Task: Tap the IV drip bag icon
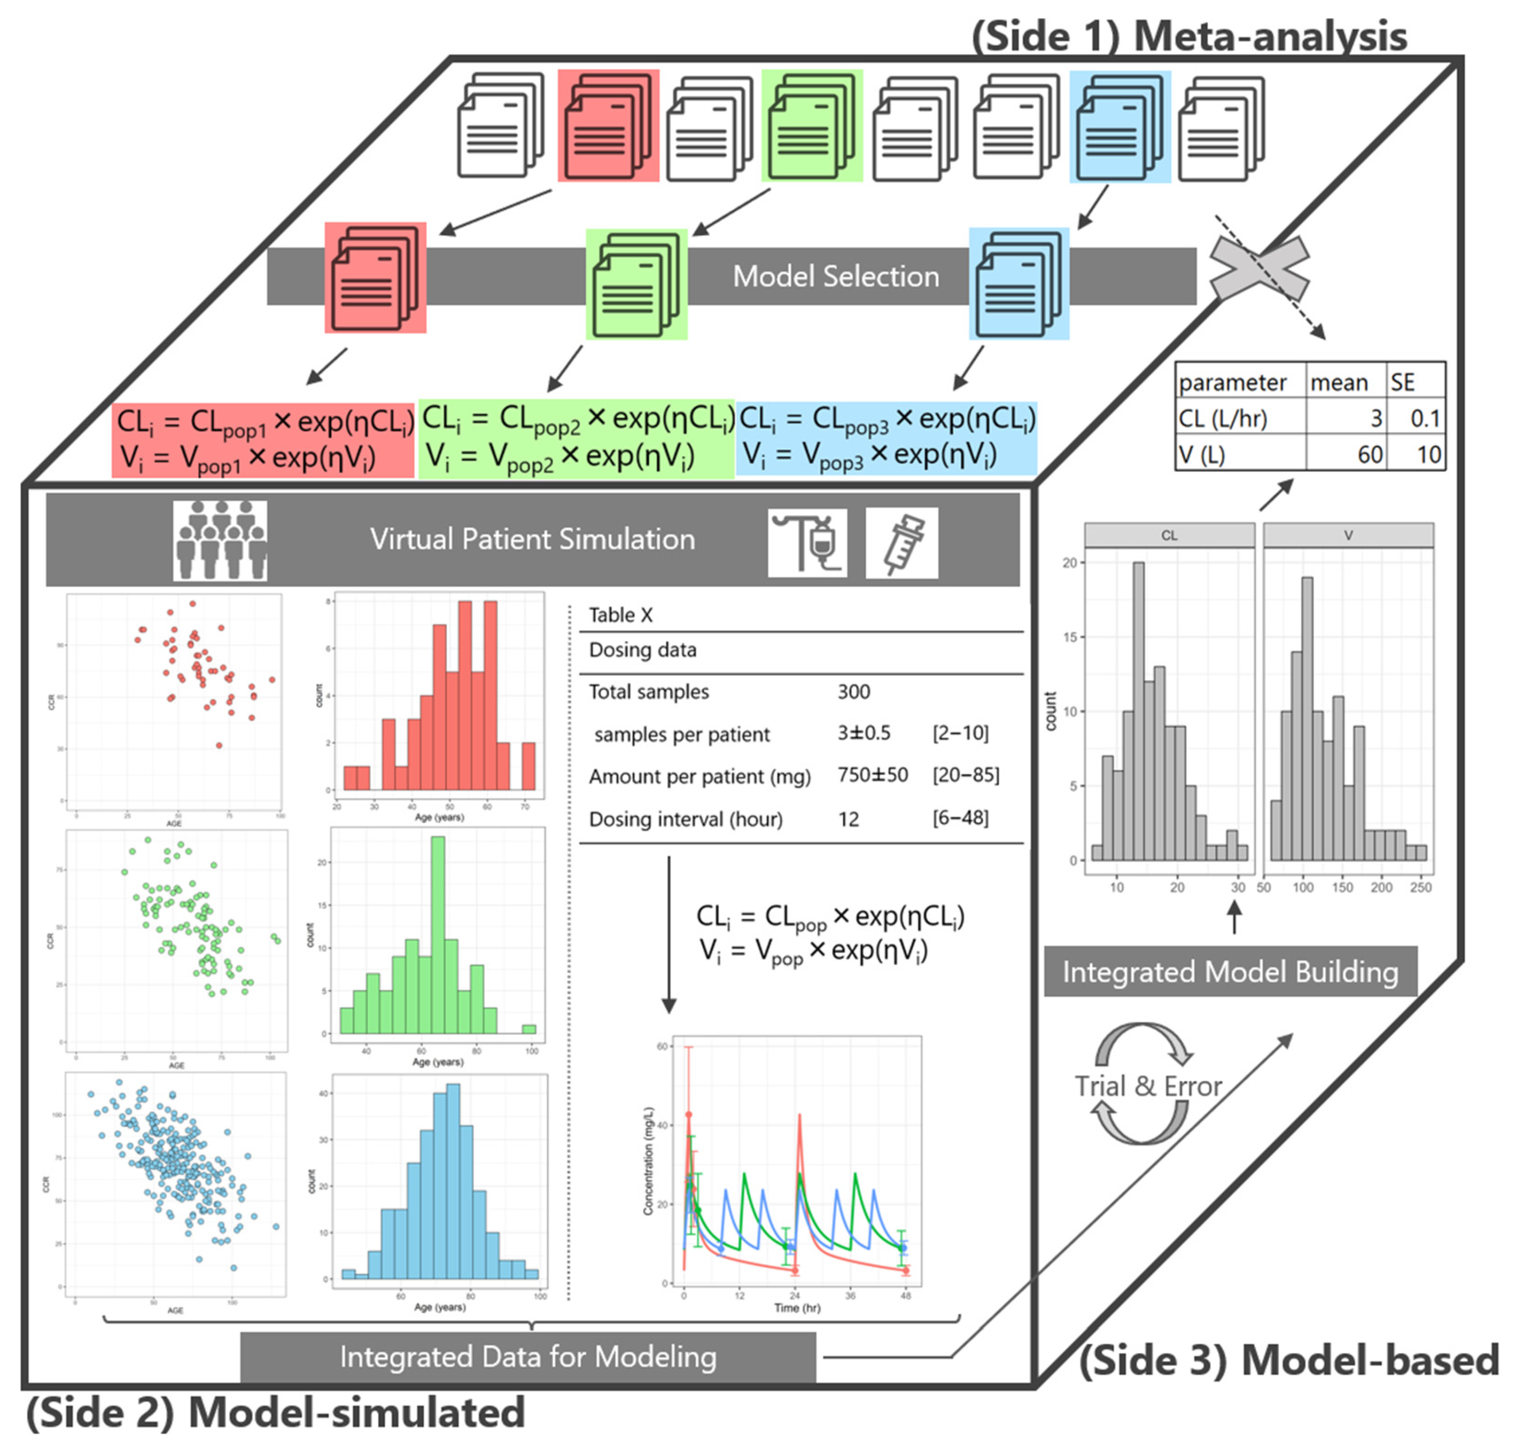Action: click(807, 542)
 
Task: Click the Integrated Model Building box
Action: click(1230, 972)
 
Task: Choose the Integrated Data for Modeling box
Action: click(528, 1357)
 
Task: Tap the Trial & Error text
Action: click(1149, 1086)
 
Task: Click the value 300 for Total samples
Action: click(853, 691)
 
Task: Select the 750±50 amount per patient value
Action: click(873, 774)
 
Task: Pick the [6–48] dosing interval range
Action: click(960, 817)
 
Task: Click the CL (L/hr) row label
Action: click(1223, 419)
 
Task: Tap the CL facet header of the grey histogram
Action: click(1169, 535)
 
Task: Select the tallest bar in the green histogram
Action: click(438, 935)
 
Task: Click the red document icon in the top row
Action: click(609, 126)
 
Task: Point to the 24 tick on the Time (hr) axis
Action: click(795, 1295)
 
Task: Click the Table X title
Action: click(620, 615)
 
